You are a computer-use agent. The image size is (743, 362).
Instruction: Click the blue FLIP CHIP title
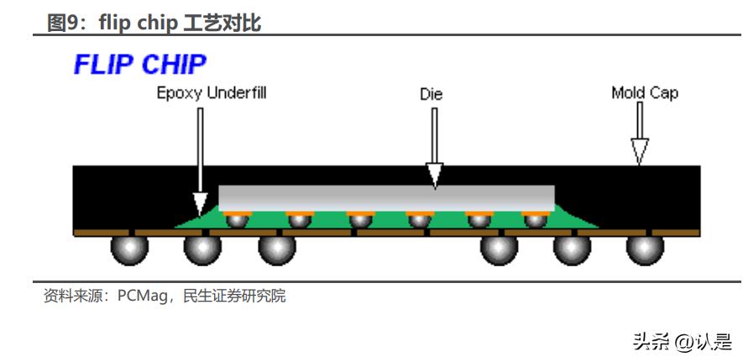[139, 65]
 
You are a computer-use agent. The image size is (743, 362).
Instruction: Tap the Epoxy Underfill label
[212, 93]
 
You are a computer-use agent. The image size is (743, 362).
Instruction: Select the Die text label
[431, 94]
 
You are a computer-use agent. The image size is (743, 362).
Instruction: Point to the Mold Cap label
[644, 93]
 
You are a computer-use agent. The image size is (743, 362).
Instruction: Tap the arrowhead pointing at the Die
[434, 175]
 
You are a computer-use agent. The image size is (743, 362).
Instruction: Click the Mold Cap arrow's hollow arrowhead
[640, 151]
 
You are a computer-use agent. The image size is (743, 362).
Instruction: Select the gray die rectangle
[386, 197]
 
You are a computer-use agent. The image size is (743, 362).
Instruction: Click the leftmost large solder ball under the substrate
[129, 248]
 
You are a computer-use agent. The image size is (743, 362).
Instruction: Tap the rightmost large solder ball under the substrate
[645, 248]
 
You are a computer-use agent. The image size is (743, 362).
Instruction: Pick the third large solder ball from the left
[276, 248]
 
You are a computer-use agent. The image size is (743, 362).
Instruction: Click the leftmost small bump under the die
[238, 219]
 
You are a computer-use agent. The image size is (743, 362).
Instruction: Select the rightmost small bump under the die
[535, 219]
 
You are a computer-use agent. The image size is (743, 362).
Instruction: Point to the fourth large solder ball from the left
[499, 248]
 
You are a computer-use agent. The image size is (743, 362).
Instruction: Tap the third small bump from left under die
[360, 219]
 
